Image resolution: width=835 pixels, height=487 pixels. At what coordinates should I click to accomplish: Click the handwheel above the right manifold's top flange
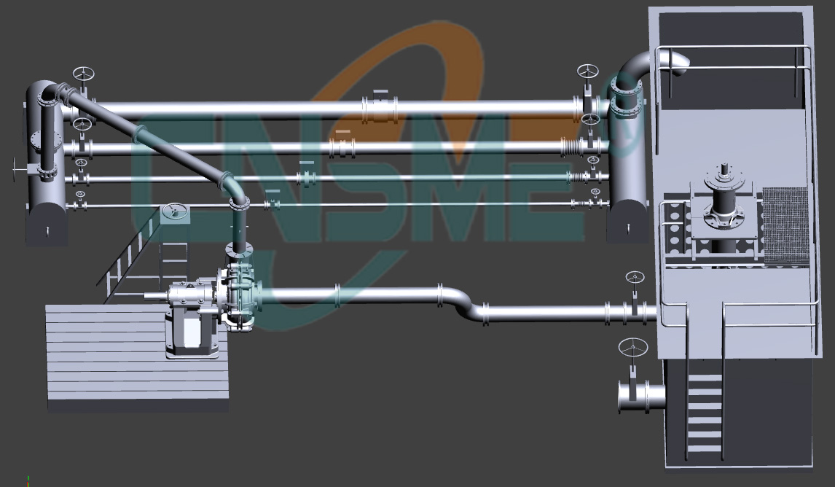(587, 71)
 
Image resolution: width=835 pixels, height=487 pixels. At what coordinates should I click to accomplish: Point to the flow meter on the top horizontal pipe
(380, 109)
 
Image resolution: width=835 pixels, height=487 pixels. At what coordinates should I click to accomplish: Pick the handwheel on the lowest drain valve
(632, 347)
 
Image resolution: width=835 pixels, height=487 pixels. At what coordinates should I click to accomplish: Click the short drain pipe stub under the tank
(641, 396)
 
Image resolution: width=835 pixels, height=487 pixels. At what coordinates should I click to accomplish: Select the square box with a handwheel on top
(173, 214)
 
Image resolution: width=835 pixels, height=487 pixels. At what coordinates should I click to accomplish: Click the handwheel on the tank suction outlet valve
(635, 278)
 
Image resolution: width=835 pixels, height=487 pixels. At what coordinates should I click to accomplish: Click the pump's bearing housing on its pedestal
(190, 296)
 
